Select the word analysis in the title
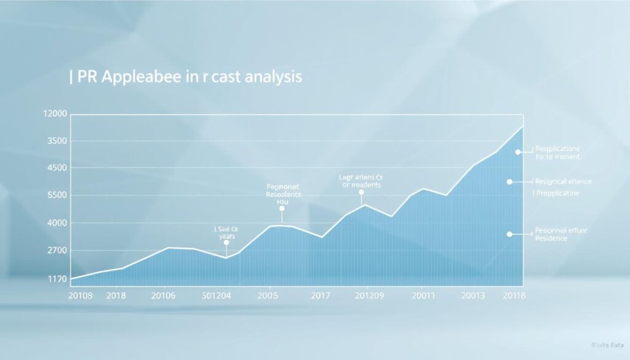[268, 78]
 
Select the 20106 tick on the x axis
[163, 295]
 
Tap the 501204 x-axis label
[217, 295]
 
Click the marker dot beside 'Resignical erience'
[509, 182]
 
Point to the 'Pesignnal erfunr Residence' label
[562, 234]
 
